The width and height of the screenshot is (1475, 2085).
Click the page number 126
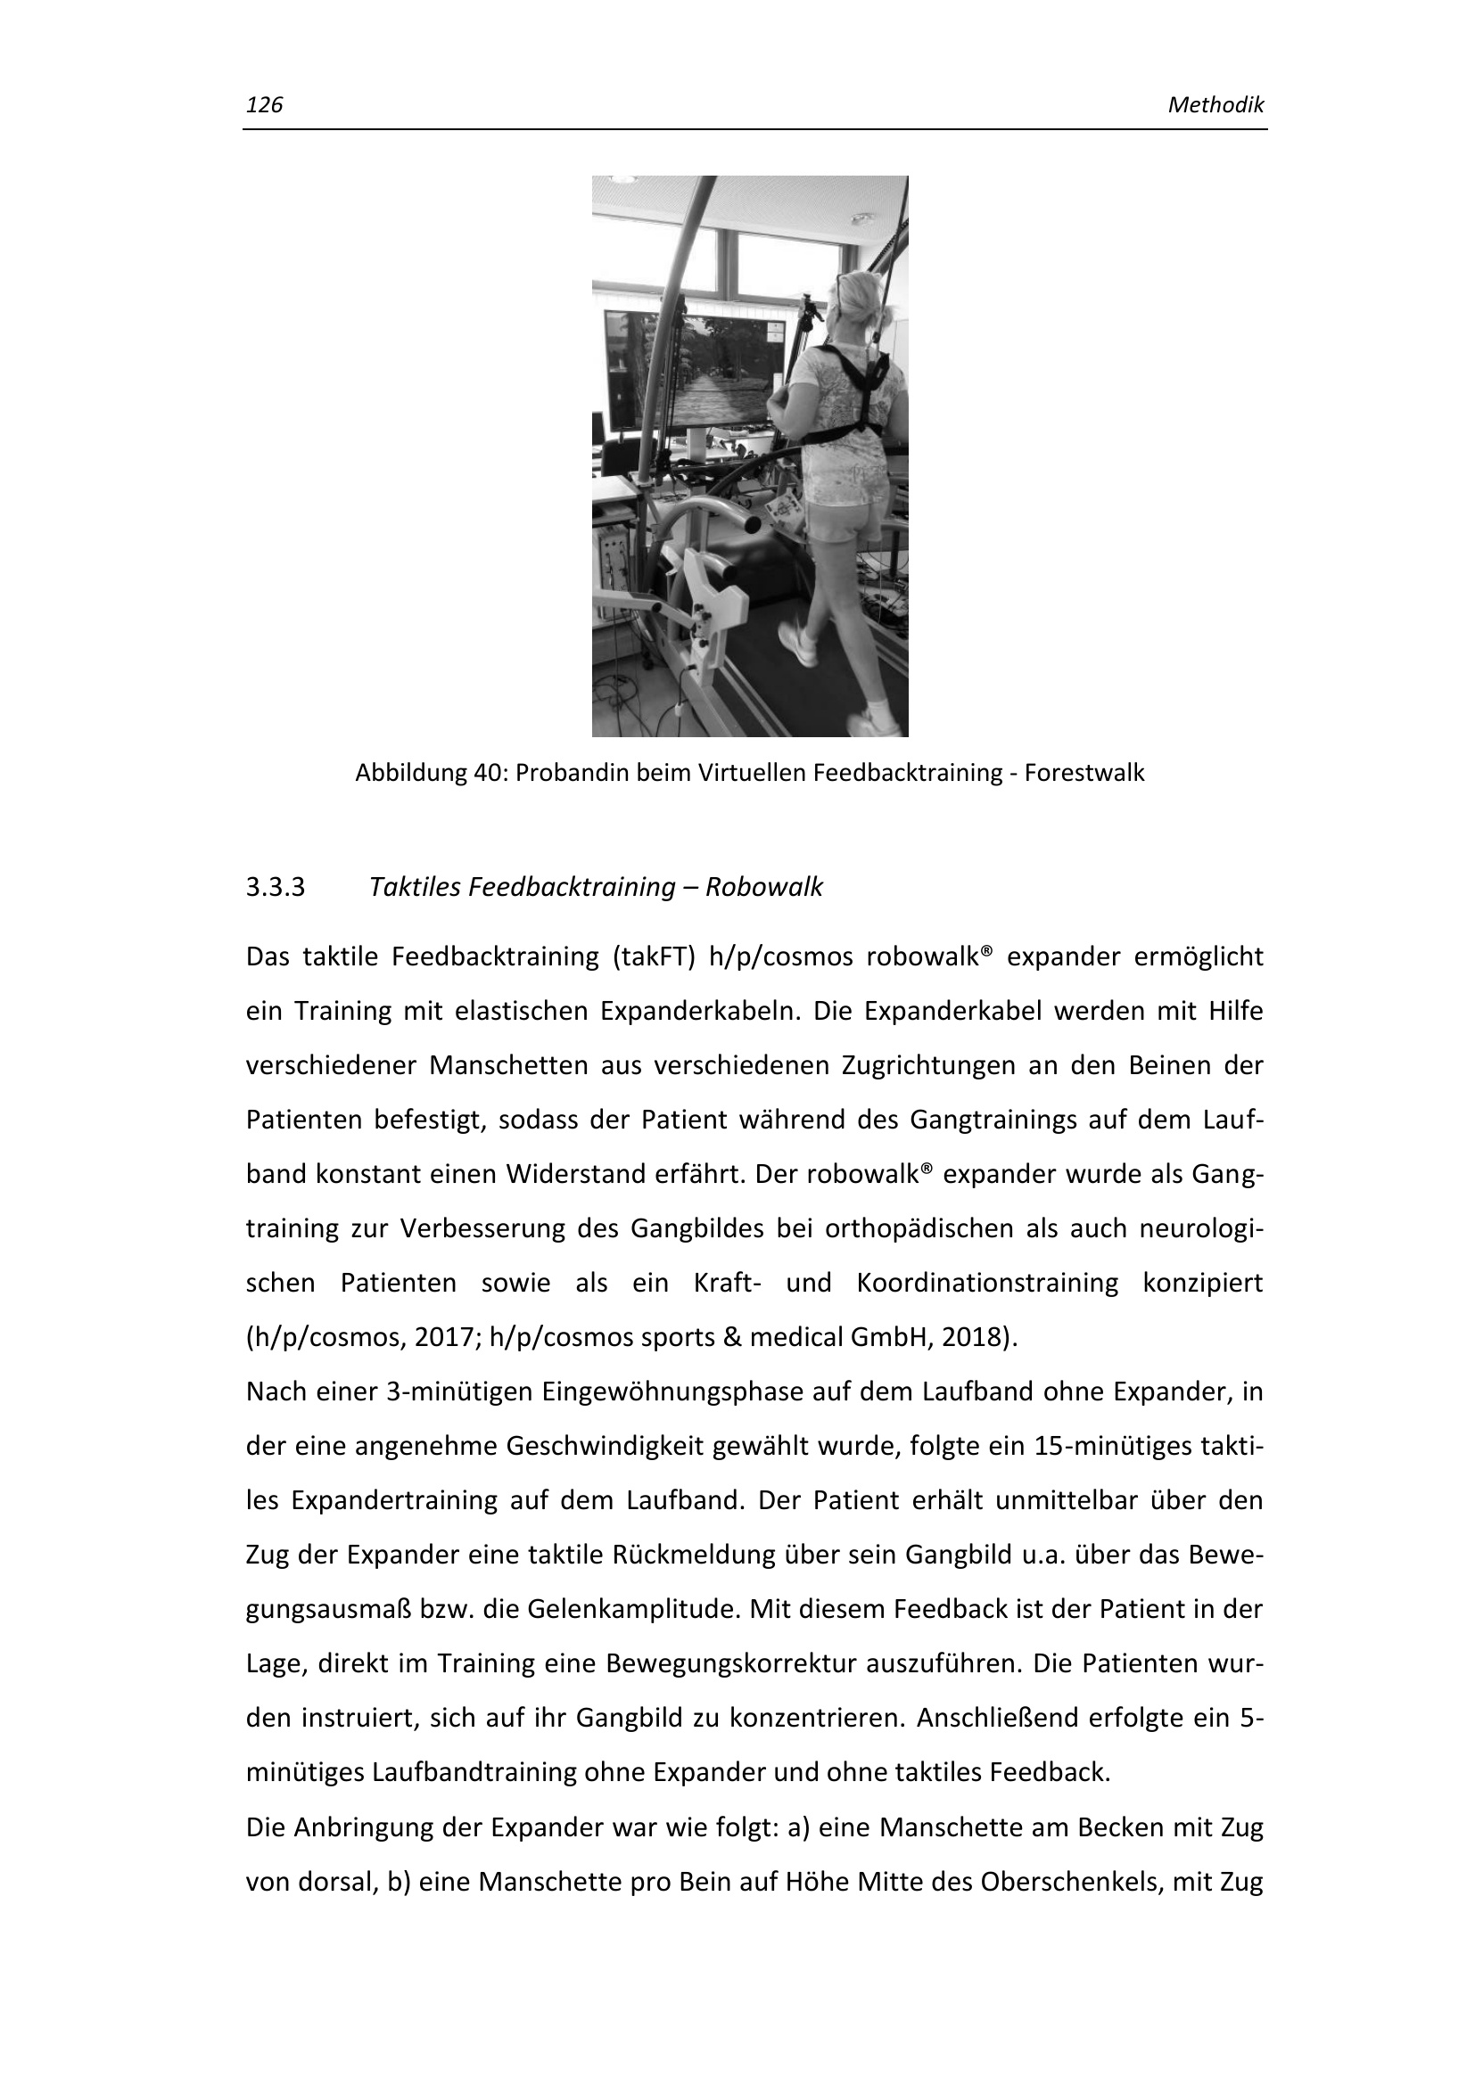point(264,105)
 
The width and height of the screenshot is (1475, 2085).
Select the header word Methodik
point(1215,105)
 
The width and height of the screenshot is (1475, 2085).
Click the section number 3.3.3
point(276,887)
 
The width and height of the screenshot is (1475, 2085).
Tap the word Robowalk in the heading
point(764,887)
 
